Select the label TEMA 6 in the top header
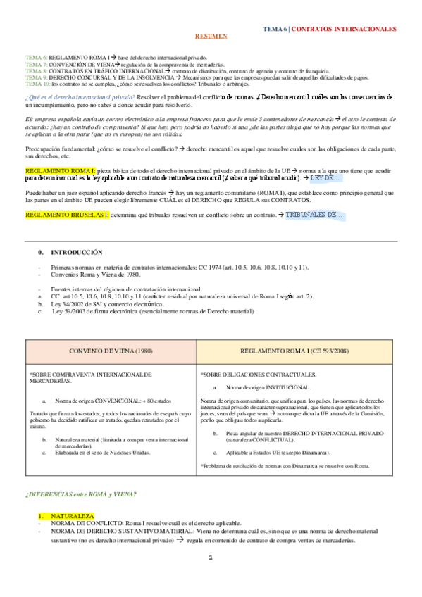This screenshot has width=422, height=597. [x=275, y=29]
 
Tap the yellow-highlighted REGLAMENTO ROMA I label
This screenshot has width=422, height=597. [x=51, y=171]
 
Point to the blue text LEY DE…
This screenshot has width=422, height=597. [x=326, y=179]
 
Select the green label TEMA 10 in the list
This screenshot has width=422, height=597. [x=37, y=83]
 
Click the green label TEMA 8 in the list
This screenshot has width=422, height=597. [x=36, y=71]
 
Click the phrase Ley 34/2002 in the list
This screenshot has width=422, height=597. [x=67, y=303]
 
